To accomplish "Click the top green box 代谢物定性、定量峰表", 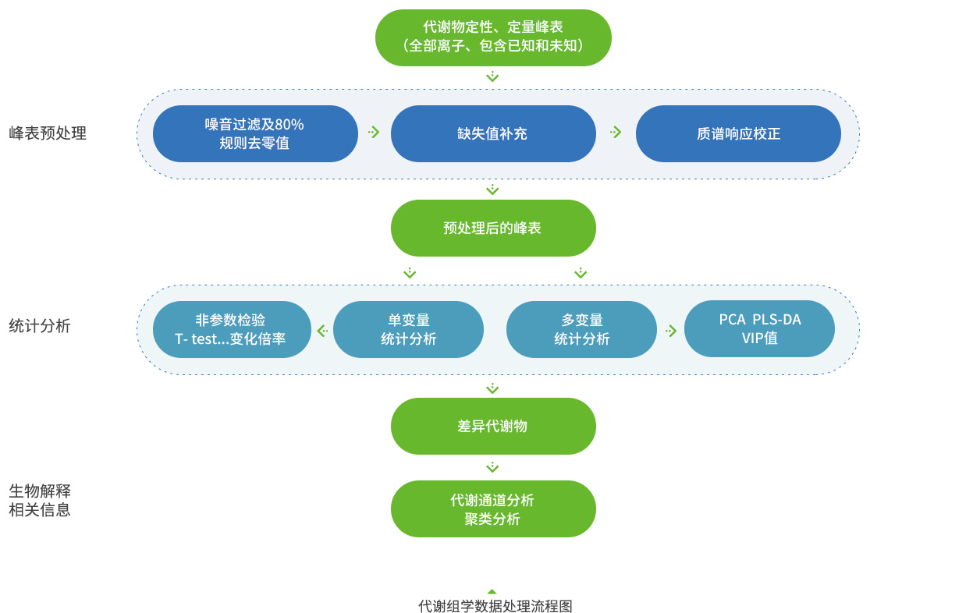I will tap(493, 37).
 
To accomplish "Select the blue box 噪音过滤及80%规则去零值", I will tap(255, 133).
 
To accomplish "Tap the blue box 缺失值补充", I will tap(493, 133).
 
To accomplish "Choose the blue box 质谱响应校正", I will tap(738, 133).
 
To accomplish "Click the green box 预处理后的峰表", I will tap(493, 228).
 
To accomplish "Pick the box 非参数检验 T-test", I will tap(232, 329).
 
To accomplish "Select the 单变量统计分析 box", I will tap(408, 329).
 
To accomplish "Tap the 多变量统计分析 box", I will tap(581, 329).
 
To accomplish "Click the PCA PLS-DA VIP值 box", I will tap(759, 329).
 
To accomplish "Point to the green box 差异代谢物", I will tap(493, 426).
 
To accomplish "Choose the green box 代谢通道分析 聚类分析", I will tap(493, 508).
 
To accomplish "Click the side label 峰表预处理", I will tap(48, 133).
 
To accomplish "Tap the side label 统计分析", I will tap(40, 326).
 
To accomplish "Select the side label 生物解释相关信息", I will tap(40, 500).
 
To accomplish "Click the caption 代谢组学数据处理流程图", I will tap(495, 606).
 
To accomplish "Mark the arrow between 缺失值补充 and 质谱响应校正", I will tap(616, 133).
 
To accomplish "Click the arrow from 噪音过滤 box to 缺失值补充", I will tap(374, 133).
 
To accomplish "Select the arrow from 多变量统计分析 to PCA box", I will tap(671, 331).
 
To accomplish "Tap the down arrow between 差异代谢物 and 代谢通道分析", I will tap(492, 467).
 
